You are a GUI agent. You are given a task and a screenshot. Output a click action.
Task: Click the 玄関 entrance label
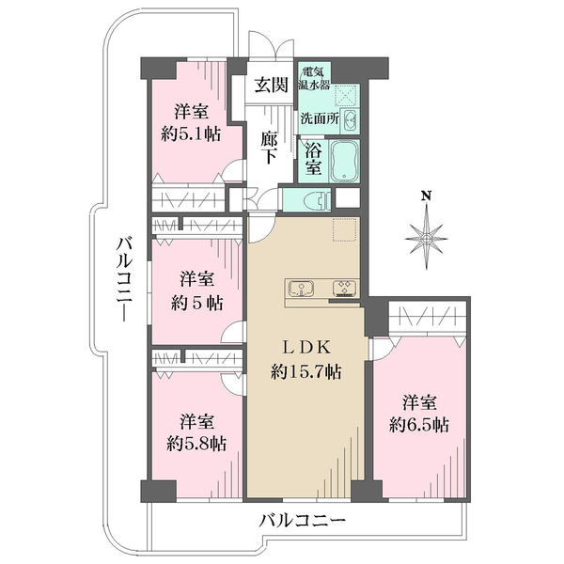272,86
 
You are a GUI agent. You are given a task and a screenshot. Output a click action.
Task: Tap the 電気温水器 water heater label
313,78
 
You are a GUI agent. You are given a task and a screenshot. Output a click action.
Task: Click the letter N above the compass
426,196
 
